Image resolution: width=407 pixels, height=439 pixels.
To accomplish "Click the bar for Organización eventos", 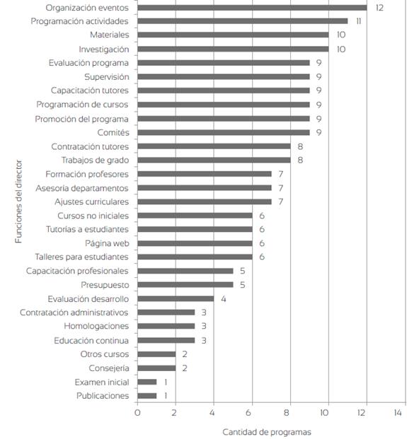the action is [252, 8].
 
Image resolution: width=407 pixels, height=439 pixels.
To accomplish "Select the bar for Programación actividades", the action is [243, 21].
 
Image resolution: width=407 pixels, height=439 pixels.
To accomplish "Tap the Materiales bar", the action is [233, 35].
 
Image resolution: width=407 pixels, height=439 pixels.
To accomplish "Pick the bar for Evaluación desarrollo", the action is [176, 299].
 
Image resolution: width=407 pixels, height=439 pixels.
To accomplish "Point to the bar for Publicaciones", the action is [147, 396].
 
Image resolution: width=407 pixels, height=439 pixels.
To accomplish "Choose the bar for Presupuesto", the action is [185, 285].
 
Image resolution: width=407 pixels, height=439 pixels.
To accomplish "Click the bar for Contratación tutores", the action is [214, 146].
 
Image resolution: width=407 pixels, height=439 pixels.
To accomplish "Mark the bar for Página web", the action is [195, 243].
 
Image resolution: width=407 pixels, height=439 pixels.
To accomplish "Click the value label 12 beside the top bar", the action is [379, 8].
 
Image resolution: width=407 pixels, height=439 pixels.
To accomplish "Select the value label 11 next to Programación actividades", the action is [358, 21].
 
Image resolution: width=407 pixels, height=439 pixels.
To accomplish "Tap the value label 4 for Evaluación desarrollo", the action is [224, 299].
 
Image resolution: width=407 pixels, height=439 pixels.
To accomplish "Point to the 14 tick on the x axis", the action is [398, 413].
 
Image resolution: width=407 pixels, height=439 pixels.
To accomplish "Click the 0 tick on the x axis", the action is [137, 413].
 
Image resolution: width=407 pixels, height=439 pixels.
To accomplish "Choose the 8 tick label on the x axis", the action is [286, 413].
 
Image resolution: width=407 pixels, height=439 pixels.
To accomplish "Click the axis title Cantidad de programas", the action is [267, 432].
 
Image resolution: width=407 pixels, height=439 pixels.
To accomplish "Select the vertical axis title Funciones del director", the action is [18, 201].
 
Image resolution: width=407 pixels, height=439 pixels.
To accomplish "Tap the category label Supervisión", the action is [107, 77].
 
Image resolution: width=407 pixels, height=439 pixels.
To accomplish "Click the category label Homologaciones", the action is [96, 326].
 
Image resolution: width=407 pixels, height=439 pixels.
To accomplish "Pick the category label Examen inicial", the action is [102, 382].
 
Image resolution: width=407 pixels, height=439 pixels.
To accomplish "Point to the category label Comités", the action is [113, 132].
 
